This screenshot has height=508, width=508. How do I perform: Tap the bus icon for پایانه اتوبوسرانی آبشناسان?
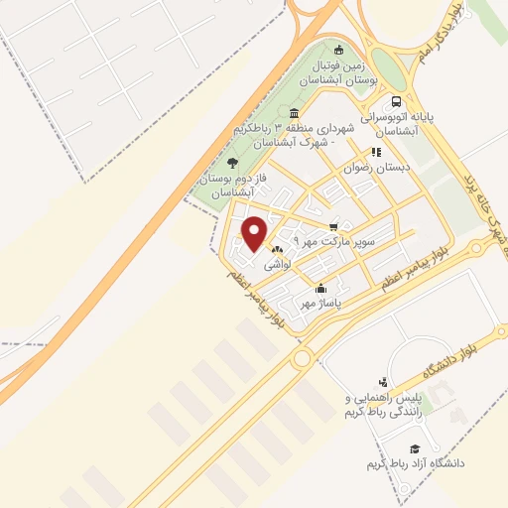pyautogui.click(x=398, y=102)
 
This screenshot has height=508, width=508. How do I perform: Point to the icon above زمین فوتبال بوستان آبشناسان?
pyautogui.click(x=339, y=51)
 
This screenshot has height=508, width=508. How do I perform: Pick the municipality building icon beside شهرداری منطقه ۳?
pyautogui.click(x=294, y=113)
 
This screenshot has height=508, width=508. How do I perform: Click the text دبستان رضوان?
pyautogui.click(x=367, y=168)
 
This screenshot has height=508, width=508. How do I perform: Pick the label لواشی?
pyautogui.click(x=277, y=266)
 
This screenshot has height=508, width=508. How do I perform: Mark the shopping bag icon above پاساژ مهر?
pyautogui.click(x=320, y=289)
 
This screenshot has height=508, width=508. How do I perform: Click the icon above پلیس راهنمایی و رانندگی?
pyautogui.click(x=384, y=381)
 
